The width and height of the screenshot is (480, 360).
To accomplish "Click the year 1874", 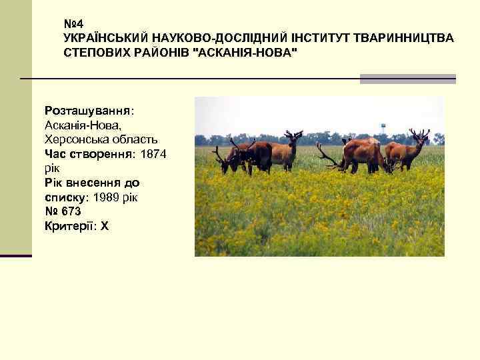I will (153, 154).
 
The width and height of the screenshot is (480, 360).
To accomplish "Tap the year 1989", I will (107, 198).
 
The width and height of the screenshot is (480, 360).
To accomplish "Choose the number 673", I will (71, 212).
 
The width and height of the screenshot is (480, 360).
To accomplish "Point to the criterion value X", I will (104, 227).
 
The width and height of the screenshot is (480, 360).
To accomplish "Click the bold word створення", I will (99, 154).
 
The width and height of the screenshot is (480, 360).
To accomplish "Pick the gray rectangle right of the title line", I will (407, 79).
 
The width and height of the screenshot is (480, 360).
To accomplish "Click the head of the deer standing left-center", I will (293, 140).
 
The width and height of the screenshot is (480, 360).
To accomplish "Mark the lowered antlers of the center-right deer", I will (329, 157).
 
